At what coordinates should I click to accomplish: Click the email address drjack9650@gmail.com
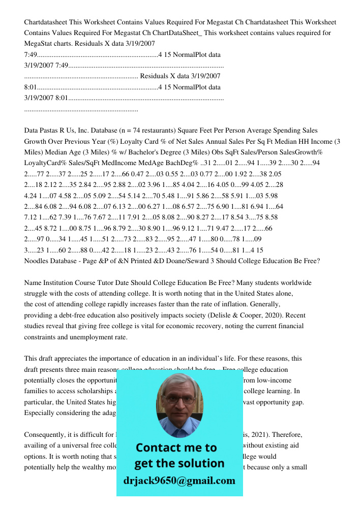coord(179,481)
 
